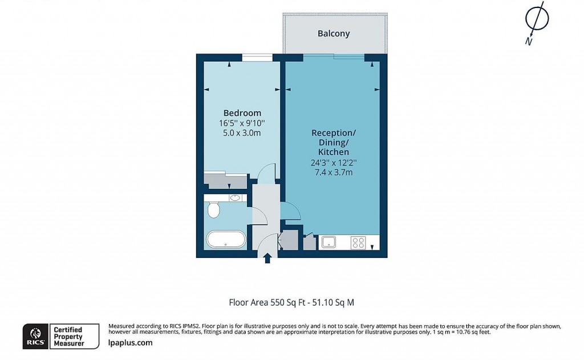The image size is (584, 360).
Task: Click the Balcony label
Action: [334, 34]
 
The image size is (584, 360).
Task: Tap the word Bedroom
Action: [242, 113]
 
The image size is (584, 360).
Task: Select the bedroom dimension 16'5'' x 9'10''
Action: [242, 123]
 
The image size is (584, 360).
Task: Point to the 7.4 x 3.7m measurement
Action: [330, 172]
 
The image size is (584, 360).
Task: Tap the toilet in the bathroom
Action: [214, 210]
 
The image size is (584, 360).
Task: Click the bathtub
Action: [226, 240]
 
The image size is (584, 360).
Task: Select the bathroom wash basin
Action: [234, 198]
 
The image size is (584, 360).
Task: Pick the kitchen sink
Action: [330, 242]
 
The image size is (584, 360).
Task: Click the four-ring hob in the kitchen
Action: [358, 242]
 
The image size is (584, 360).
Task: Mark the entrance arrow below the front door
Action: [267, 258]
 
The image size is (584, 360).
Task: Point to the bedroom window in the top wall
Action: [253, 56]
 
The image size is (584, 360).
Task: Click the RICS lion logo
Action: [35, 336]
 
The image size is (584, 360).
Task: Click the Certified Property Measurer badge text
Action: [68, 337]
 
